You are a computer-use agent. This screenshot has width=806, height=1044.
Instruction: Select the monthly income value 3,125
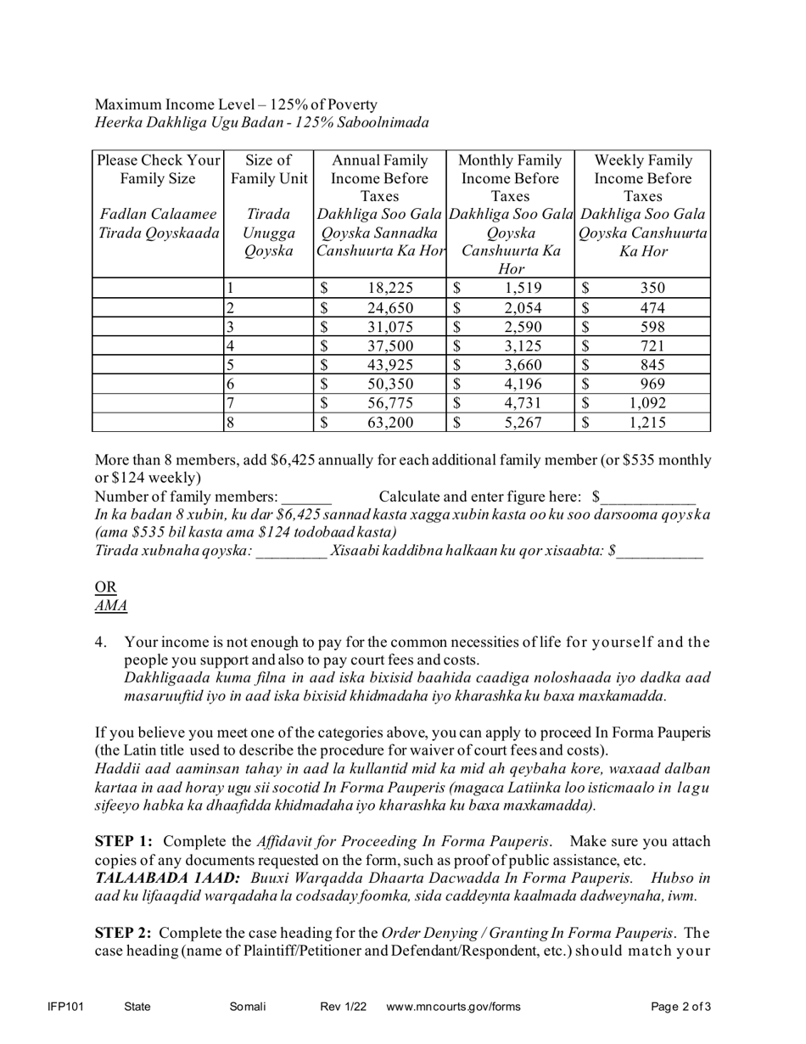pyautogui.click(x=518, y=345)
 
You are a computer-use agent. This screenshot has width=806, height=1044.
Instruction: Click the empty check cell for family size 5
pyautogui.click(x=157, y=365)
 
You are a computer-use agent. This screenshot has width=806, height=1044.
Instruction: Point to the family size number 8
pyautogui.click(x=230, y=422)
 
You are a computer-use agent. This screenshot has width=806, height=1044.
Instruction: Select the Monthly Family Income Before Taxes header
pyautogui.click(x=510, y=178)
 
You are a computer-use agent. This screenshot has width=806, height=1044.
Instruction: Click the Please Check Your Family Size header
pyautogui.click(x=158, y=169)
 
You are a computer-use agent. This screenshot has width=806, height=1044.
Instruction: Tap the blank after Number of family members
pyautogui.click(x=306, y=497)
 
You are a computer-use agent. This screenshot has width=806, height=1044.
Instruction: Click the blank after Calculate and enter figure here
pyautogui.click(x=648, y=497)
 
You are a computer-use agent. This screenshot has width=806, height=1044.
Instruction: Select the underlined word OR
pyautogui.click(x=106, y=587)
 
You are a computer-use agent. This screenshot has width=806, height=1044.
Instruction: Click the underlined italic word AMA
pyautogui.click(x=111, y=606)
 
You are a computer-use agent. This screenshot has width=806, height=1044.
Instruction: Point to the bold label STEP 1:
pyautogui.click(x=124, y=841)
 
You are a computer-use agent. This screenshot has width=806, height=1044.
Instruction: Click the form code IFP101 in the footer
pyautogui.click(x=65, y=1007)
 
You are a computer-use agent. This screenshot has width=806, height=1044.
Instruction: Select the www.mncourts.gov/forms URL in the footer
pyautogui.click(x=453, y=1007)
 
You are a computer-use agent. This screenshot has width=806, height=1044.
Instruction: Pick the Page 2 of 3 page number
pyautogui.click(x=680, y=1007)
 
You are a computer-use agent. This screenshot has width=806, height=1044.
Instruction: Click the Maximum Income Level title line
pyautogui.click(x=236, y=104)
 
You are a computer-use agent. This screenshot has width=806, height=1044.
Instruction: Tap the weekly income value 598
pyautogui.click(x=652, y=327)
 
